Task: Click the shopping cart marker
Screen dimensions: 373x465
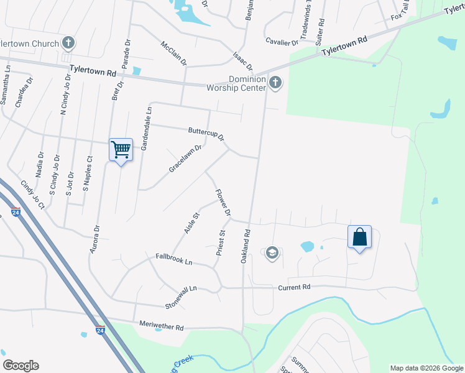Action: [x=121, y=149]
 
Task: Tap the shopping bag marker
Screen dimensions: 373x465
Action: [x=359, y=237]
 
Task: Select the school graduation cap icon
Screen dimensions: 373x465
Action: [x=272, y=253]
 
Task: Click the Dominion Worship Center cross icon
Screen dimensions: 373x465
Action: [x=275, y=81]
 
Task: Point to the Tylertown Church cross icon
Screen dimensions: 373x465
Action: [x=68, y=43]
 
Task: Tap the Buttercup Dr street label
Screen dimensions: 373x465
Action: [x=206, y=134]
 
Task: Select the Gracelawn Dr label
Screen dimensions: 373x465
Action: [x=185, y=159]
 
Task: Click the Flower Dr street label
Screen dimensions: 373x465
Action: [x=223, y=203]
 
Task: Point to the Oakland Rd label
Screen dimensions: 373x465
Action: [x=247, y=246]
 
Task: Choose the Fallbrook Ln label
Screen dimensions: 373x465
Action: [x=173, y=259]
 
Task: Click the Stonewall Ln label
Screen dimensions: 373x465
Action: [x=181, y=298]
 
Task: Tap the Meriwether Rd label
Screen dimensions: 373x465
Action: [x=162, y=325]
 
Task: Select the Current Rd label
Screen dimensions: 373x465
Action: [x=294, y=287]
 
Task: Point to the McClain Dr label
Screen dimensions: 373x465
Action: [x=174, y=54]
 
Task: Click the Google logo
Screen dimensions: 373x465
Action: [x=21, y=366]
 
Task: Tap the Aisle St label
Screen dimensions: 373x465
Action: [x=191, y=223]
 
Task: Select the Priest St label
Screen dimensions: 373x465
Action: [x=220, y=243]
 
